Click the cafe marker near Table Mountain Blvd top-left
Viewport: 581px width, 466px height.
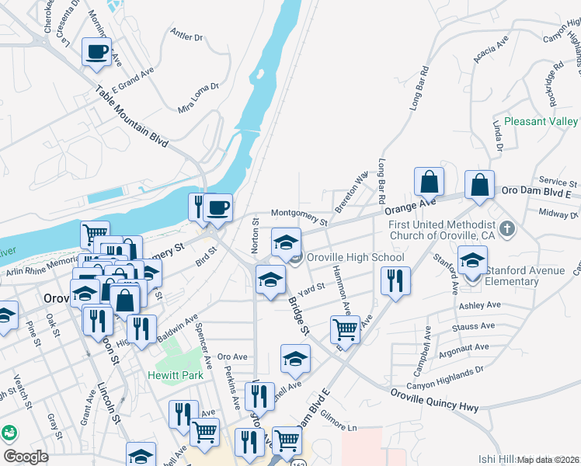point(96,52)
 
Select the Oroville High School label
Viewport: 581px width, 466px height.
point(355,257)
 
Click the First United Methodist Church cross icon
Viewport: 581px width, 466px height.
point(507,229)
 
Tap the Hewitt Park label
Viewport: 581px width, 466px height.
point(173,374)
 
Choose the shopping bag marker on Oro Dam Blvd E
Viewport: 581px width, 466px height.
point(480,186)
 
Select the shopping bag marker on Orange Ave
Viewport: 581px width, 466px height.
point(429,183)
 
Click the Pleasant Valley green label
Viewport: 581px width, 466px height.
point(541,122)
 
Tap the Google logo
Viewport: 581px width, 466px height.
point(26,456)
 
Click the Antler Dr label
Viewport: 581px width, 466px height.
point(186,36)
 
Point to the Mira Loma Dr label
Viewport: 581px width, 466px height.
point(198,98)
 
